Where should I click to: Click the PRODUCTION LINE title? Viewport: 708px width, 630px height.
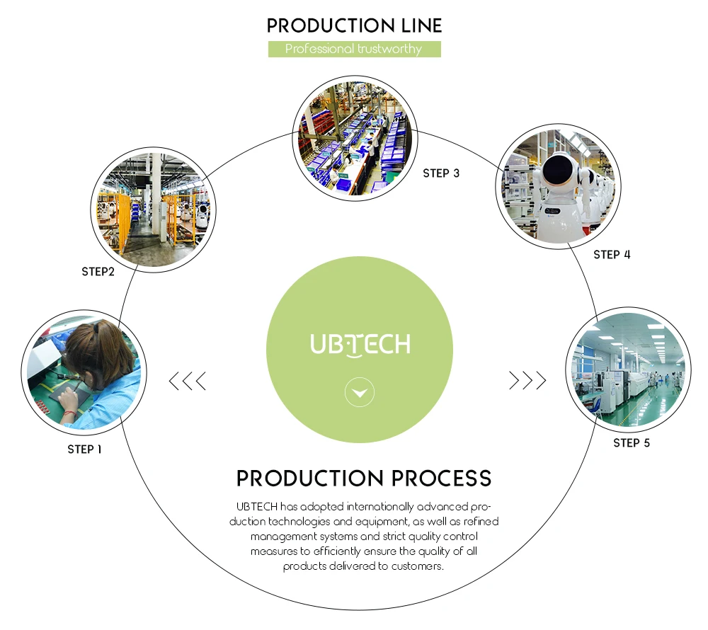point(354,26)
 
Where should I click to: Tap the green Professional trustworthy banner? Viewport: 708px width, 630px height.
point(354,49)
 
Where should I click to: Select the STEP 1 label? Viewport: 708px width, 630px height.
point(84,449)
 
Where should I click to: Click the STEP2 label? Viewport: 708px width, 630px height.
point(98,271)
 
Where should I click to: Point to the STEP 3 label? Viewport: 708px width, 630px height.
point(441,173)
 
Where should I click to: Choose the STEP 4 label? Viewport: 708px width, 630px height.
point(612,254)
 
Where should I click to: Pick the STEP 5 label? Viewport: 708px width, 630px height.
point(632,443)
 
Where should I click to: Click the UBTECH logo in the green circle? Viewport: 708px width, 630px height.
point(360,345)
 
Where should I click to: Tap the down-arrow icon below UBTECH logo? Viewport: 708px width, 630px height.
point(360,392)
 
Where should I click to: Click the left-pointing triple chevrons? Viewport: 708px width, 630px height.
point(188,381)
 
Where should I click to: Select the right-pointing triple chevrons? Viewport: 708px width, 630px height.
point(527,381)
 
